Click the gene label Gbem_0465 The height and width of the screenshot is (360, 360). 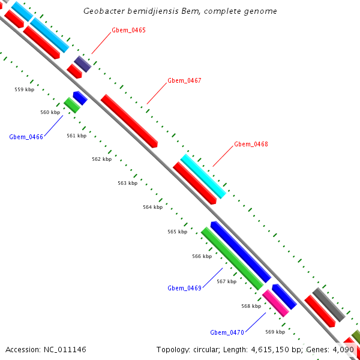(128, 30)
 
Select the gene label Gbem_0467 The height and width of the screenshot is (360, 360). (184, 80)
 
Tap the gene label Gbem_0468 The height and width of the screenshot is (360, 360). (251, 144)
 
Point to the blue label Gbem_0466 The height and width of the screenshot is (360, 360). (26, 137)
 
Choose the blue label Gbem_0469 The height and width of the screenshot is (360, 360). (184, 288)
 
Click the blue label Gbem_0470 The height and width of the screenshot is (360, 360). (227, 332)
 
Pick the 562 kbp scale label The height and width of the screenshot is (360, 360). (101, 159)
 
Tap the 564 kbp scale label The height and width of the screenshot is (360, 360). (152, 207)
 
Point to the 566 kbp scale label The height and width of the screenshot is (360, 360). (202, 256)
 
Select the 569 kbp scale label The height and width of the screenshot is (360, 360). (275, 332)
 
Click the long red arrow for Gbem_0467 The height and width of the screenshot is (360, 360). (129, 121)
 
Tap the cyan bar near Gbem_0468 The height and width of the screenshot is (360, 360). (203, 176)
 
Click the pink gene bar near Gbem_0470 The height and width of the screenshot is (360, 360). (275, 303)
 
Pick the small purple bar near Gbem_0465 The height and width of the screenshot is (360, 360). (83, 64)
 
